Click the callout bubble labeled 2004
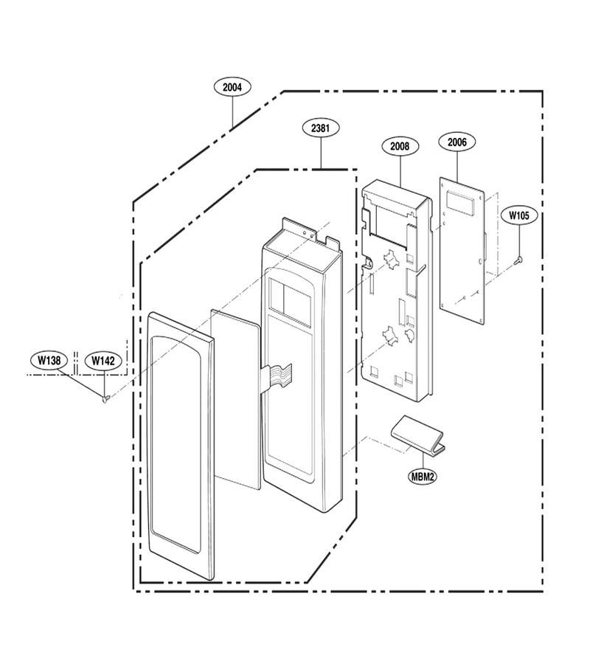[x=232, y=87]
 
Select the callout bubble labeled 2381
[x=320, y=128]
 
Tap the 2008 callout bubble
[x=400, y=146]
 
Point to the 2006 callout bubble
[x=457, y=142]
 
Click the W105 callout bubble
[x=518, y=215]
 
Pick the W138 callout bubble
[x=49, y=360]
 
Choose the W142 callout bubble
[x=103, y=361]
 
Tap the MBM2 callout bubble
[x=423, y=477]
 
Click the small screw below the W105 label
[x=518, y=260]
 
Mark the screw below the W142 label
[x=105, y=398]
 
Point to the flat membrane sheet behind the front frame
[x=235, y=399]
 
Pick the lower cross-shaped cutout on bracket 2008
[x=391, y=334]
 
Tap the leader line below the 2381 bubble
[x=321, y=153]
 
